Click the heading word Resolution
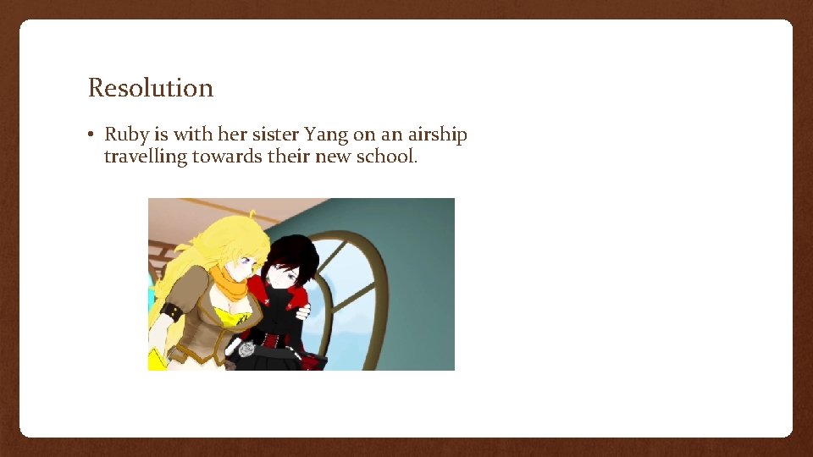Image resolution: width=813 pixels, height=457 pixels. [151, 88]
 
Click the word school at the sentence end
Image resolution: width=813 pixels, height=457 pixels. [388, 157]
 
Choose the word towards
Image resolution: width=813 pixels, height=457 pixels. [228, 157]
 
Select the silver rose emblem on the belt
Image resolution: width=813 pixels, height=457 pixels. [246, 348]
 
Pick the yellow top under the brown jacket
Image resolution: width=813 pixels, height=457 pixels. [230, 317]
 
